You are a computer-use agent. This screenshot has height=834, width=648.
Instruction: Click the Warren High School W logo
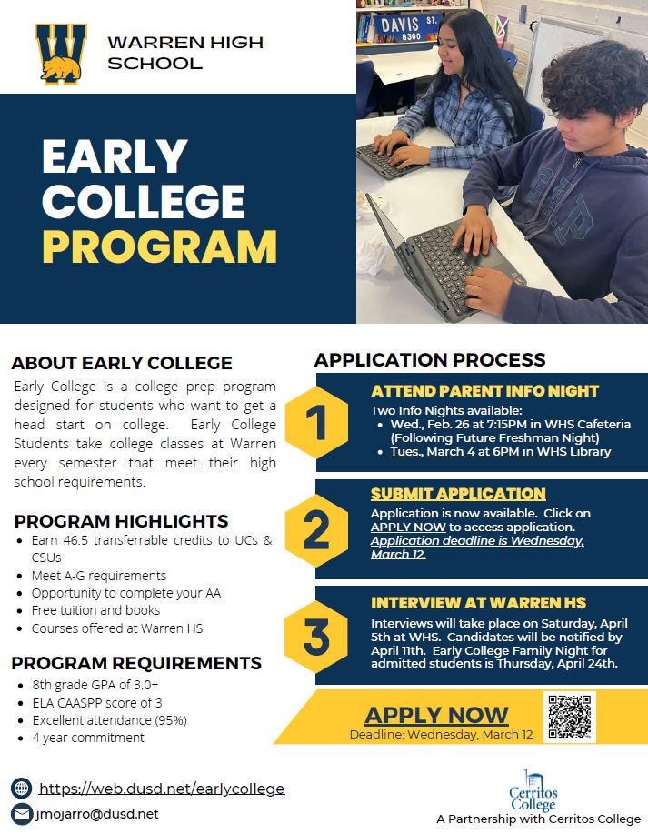point(61,55)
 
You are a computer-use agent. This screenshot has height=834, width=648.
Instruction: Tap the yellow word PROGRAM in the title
point(159,246)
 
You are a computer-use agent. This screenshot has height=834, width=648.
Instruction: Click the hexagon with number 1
point(317,422)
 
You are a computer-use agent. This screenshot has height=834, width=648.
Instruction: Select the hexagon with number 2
point(317,529)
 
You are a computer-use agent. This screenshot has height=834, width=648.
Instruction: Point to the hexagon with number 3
point(317,637)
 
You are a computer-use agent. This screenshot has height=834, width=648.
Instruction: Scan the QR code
point(569,717)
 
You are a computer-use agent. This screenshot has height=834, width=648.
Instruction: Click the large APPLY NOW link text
point(436,715)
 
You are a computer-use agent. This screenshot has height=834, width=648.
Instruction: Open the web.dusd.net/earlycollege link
point(162,788)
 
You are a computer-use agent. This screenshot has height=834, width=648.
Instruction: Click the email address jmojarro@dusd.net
point(97,814)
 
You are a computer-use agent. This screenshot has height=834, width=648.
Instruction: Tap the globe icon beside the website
point(21,788)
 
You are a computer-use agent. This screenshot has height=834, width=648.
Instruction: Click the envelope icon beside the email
point(21,814)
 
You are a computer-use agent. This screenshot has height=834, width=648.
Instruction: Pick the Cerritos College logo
point(533,790)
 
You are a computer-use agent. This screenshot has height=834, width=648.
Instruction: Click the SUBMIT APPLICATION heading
point(458,494)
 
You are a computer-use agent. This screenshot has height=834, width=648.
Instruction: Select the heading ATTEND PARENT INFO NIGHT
point(484,391)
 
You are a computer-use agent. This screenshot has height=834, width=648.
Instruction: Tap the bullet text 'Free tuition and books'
point(95,610)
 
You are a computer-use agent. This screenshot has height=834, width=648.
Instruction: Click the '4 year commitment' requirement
point(88,738)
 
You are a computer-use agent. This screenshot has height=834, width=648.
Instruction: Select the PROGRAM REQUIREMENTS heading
point(136,663)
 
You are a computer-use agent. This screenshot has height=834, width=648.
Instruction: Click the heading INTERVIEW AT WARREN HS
point(478,603)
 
